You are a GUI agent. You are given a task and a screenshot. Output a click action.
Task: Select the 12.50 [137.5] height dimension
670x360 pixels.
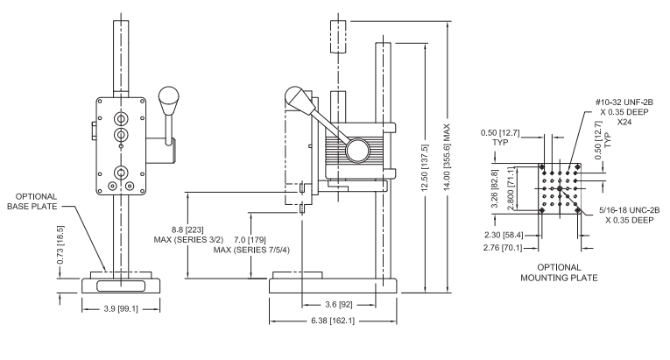(x=425, y=168)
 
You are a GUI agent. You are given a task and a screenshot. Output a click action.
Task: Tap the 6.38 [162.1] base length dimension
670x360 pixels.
(x=333, y=321)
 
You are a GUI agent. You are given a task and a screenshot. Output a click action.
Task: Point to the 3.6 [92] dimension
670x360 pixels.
(x=339, y=305)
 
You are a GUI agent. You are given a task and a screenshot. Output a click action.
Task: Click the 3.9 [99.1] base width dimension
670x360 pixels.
(x=121, y=308)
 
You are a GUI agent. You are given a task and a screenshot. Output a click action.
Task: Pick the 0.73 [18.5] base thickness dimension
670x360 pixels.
(x=60, y=245)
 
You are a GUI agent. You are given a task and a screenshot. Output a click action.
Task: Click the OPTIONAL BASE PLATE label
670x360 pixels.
(x=32, y=201)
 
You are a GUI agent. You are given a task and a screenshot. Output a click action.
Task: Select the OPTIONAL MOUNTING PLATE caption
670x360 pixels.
(x=559, y=272)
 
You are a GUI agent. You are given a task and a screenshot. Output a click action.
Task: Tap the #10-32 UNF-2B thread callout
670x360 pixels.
(x=624, y=112)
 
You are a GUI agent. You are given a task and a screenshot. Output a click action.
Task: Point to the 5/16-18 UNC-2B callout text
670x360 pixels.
(x=630, y=215)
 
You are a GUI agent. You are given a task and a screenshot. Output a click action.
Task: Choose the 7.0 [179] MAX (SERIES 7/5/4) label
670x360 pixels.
(x=251, y=244)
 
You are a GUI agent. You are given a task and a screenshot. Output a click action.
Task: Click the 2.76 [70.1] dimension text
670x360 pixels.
(x=503, y=248)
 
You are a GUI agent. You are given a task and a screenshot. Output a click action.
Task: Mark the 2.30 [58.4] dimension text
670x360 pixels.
(x=504, y=235)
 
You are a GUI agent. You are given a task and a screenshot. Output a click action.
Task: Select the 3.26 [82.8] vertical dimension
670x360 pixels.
(x=495, y=188)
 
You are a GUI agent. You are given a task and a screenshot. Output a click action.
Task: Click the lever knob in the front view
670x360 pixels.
(x=169, y=101)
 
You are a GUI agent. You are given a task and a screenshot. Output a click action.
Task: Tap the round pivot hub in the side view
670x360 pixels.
(x=357, y=150)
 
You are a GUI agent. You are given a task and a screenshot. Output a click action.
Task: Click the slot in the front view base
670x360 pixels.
(x=121, y=286)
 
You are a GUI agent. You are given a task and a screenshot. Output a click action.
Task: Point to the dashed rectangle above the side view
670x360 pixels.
(x=338, y=36)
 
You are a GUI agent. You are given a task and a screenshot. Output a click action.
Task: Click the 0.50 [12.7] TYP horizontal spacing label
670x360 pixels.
(x=500, y=138)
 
